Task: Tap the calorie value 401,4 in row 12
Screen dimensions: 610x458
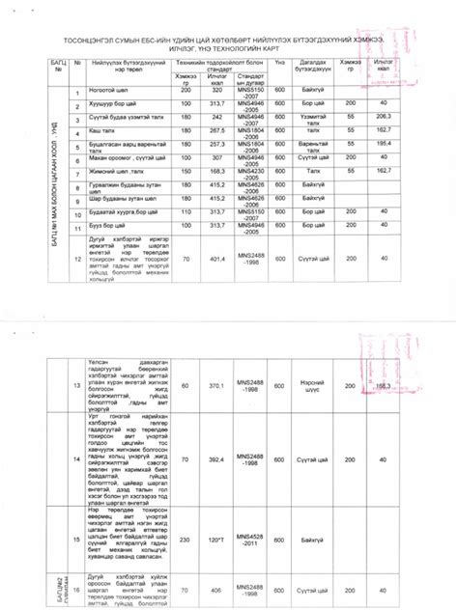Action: (x=216, y=259)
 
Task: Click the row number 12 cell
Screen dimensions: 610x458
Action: (x=77, y=259)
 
